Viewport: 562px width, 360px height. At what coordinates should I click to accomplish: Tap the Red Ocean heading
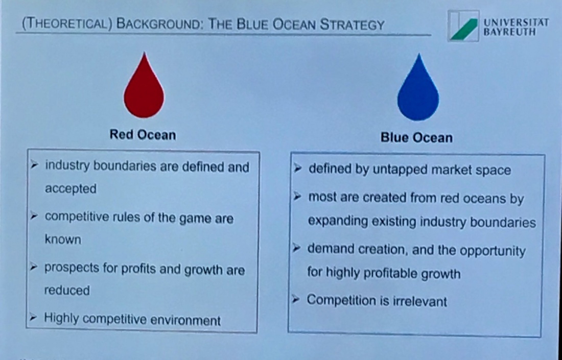143,135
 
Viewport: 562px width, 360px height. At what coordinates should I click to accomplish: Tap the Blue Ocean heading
416,137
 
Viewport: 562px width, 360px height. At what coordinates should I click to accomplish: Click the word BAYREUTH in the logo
509,32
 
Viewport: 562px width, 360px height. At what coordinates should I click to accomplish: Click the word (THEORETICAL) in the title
67,24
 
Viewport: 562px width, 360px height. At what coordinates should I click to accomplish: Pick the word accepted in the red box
71,189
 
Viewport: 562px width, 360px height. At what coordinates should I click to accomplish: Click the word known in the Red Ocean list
63,239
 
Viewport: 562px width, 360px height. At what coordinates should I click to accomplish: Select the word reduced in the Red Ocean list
67,290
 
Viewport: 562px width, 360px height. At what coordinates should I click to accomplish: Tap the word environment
185,320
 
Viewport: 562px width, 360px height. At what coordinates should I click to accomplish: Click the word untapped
400,170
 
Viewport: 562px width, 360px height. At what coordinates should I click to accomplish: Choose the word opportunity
493,251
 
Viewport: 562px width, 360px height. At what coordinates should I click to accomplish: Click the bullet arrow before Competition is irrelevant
296,299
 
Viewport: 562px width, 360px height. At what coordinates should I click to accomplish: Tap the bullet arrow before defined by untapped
297,168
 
